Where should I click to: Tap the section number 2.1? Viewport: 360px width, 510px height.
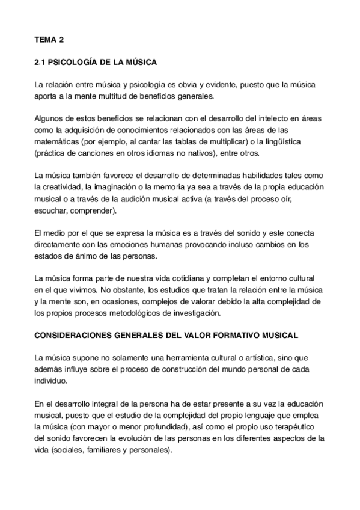click(x=39, y=61)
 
